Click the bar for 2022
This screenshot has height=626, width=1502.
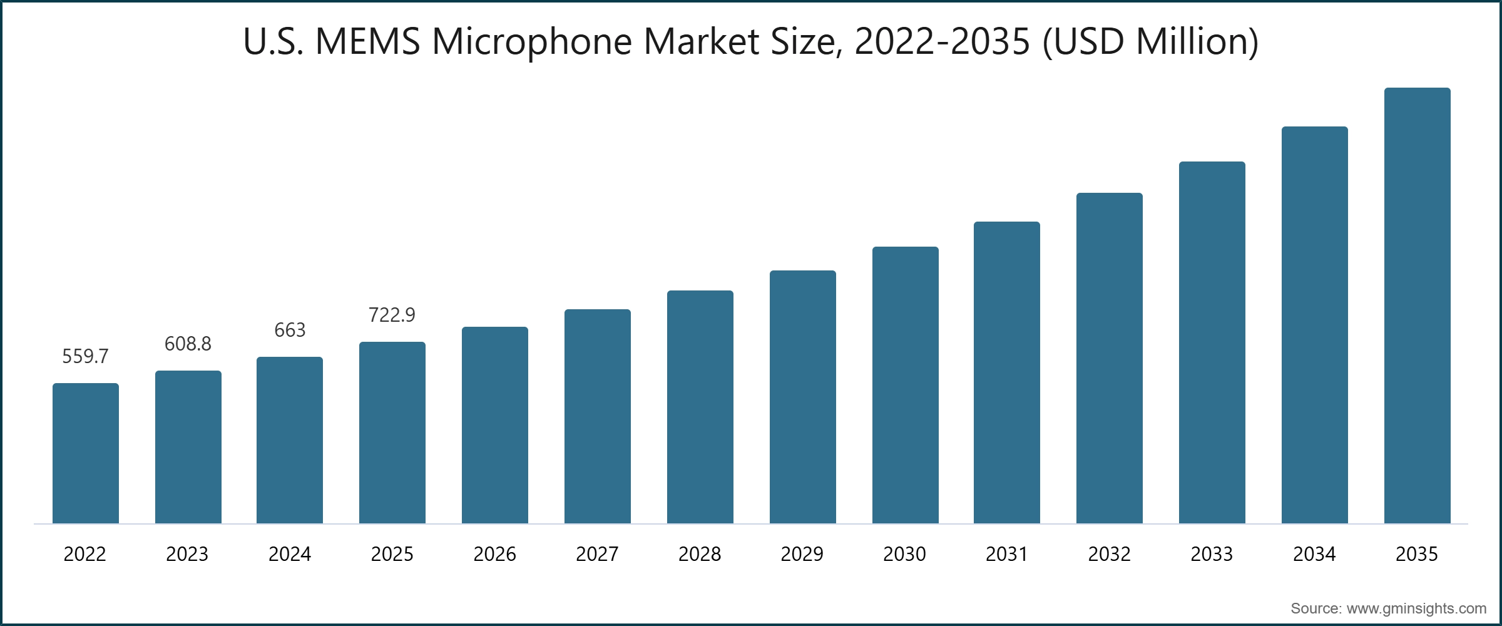click(x=86, y=453)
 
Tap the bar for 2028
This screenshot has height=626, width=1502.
click(x=700, y=407)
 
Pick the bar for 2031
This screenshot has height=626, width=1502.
click(x=1006, y=372)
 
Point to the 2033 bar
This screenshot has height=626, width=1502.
click(x=1212, y=342)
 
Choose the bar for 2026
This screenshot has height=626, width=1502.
click(x=494, y=425)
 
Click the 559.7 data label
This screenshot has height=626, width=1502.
click(x=85, y=356)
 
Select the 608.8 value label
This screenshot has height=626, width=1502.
click(x=188, y=344)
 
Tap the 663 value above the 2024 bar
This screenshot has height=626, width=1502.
click(x=290, y=330)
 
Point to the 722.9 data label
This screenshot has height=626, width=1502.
click(x=392, y=315)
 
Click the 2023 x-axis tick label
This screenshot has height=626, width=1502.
click(x=187, y=554)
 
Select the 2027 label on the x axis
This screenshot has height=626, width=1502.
click(x=597, y=554)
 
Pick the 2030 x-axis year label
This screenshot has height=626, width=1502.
click(x=904, y=554)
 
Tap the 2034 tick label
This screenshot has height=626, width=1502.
click(x=1314, y=554)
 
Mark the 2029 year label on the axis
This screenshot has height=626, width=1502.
click(x=802, y=554)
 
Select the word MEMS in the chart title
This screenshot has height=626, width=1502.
click(x=367, y=42)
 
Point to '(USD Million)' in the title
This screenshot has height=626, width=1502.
click(x=1150, y=42)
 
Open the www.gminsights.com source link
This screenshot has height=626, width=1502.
click(x=1416, y=608)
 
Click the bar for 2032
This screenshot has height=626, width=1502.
click(x=1109, y=358)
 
